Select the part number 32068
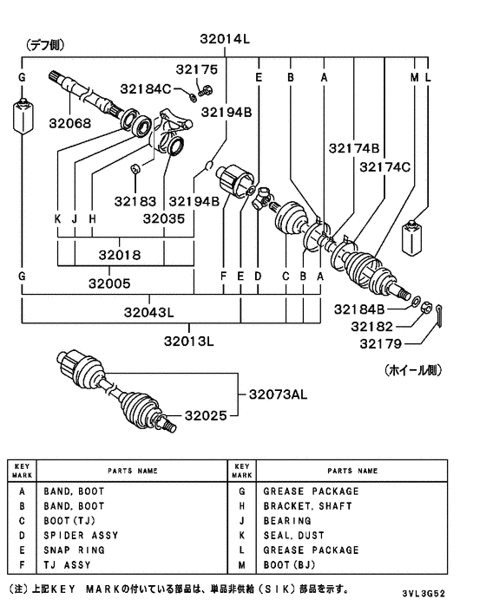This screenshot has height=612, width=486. pyautogui.click(x=70, y=124)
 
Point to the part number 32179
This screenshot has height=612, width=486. pyautogui.click(x=372, y=345)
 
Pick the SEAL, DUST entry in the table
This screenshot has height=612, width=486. pyautogui.click(x=293, y=535)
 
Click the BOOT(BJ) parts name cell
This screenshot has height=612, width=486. pyautogui.click(x=292, y=564)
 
